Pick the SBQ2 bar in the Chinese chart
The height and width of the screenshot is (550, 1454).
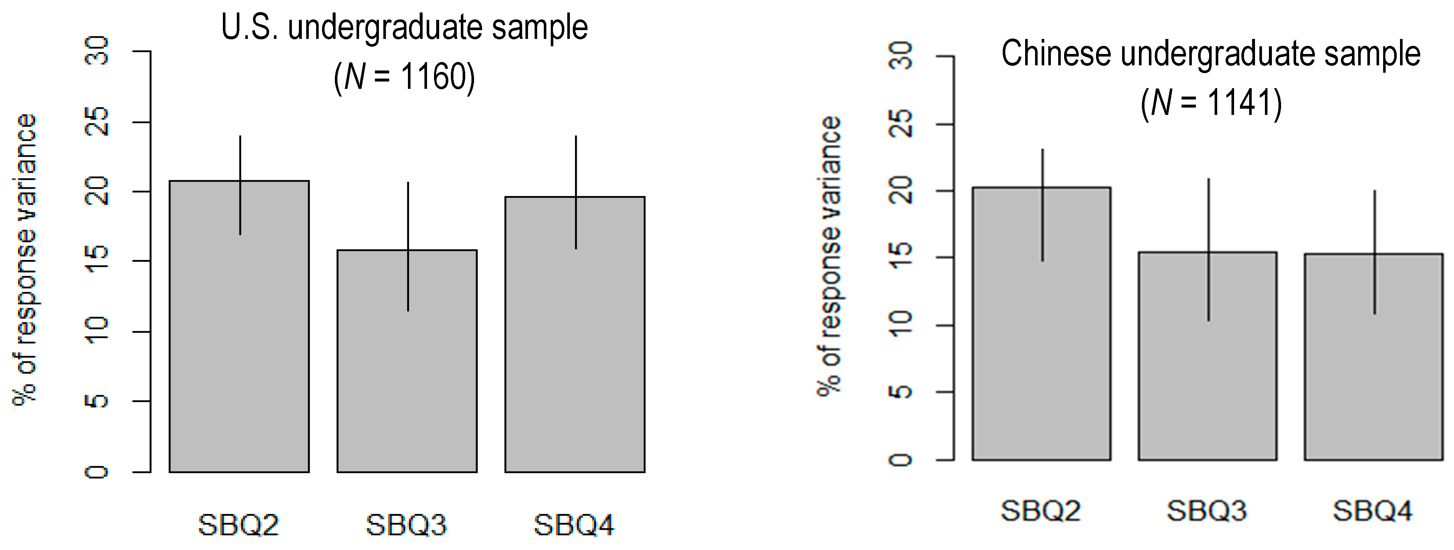[x=1041, y=339]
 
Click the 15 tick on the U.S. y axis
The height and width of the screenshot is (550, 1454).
[x=97, y=261]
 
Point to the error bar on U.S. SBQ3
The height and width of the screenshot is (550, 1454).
[x=408, y=246]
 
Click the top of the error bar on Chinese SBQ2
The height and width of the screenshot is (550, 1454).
[x=1042, y=150]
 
